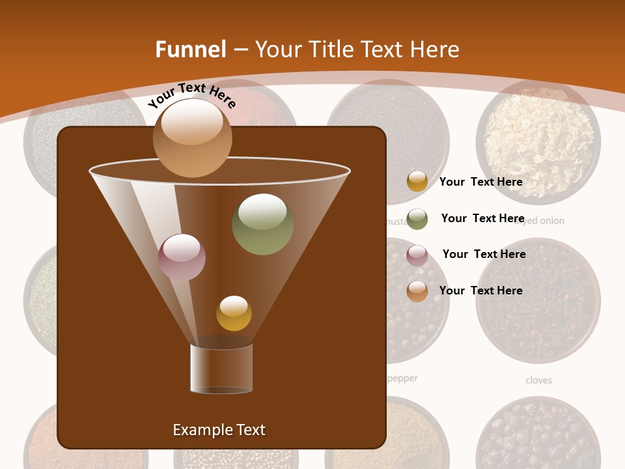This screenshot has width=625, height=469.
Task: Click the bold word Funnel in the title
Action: tap(191, 50)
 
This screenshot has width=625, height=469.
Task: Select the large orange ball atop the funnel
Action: tap(192, 138)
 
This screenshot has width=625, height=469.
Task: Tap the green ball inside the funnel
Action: tap(262, 224)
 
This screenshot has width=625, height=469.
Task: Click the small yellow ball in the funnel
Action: tap(234, 313)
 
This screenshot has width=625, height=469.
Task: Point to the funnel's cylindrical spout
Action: tap(221, 368)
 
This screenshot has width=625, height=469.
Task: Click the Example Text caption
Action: tap(219, 430)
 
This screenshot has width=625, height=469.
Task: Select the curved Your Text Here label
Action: tap(191, 96)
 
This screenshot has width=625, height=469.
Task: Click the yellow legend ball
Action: tap(417, 181)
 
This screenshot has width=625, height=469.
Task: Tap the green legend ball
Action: tap(417, 219)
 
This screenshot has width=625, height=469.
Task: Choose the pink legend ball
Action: tap(417, 255)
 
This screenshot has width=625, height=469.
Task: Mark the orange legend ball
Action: tap(417, 291)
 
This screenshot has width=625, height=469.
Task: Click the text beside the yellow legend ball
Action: tap(480, 182)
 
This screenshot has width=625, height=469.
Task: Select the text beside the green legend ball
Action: tap(482, 218)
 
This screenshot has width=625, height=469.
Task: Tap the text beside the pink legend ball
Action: tap(484, 254)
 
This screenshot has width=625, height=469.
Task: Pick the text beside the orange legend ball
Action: tap(480, 291)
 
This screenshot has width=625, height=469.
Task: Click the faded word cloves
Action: tap(538, 380)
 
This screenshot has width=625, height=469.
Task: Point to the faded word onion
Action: tap(550, 221)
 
